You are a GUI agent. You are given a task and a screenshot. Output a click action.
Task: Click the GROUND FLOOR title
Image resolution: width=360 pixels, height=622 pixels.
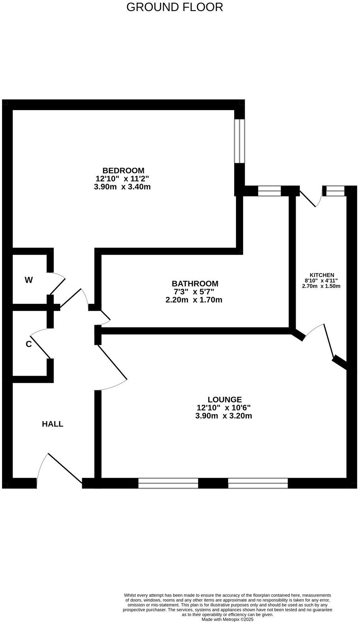pos(174,7)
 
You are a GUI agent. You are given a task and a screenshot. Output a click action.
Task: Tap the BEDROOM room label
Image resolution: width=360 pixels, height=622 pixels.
pos(123,170)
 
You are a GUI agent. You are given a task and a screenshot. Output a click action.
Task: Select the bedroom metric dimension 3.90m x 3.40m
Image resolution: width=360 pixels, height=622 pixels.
pos(122,187)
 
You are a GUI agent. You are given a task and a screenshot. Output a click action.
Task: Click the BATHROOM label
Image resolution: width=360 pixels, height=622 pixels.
pos(195,283)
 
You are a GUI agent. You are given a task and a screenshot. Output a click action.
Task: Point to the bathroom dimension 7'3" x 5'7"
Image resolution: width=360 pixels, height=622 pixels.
pos(194,292)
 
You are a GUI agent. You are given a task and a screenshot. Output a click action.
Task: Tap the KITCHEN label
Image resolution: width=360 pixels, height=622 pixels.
pos(322,275)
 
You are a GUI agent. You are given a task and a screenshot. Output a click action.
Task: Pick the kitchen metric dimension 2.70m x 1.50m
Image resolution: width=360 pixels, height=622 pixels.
pos(321,286)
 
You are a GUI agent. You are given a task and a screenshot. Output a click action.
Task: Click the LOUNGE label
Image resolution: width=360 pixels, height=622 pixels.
pos(224,399)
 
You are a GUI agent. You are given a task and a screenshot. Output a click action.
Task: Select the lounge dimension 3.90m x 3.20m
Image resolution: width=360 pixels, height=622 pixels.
pos(223,416)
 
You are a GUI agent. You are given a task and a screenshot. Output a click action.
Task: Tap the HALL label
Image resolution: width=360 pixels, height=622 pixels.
pos(52,424)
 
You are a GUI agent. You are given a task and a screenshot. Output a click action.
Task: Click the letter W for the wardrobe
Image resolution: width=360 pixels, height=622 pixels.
pos(29,280)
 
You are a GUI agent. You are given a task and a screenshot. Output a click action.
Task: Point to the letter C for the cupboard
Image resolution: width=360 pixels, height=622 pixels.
pos(28,344)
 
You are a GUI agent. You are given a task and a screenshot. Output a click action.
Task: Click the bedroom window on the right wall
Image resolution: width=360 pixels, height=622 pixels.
pos(240,141)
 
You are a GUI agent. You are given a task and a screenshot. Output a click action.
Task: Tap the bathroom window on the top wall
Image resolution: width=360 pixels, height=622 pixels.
pos(269,191)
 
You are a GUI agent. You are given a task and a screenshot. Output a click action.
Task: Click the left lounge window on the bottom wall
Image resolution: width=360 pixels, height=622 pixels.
pos(168,483)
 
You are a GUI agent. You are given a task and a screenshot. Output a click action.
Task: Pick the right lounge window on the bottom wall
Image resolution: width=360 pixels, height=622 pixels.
pos(258,483)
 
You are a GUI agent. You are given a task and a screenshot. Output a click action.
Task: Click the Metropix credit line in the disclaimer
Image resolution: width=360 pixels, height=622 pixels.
pos(227,620)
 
